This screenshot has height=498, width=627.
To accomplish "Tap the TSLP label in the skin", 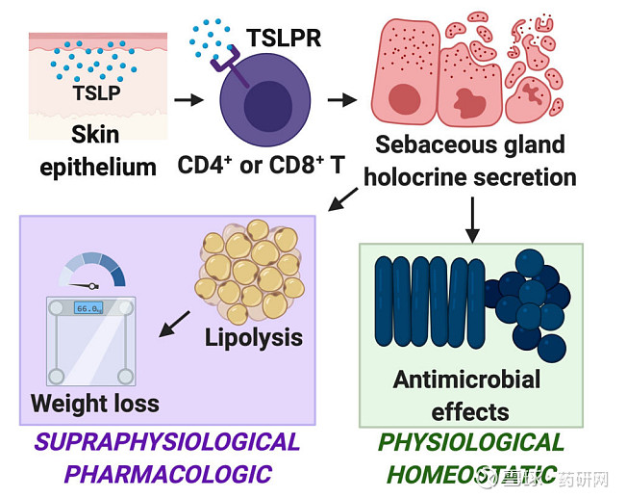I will (x=97, y=93).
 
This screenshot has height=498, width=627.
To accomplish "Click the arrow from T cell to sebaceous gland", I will (x=341, y=99).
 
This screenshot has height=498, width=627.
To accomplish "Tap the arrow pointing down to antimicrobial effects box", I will (x=471, y=216).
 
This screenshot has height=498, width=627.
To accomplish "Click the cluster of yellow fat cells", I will (x=251, y=270).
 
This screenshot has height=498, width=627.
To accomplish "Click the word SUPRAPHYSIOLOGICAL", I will (x=167, y=442).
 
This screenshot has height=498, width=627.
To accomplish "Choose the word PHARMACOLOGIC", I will (x=167, y=474).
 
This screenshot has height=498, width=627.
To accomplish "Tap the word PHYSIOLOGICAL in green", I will (x=471, y=442).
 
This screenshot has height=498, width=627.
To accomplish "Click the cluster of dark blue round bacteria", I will (x=527, y=300).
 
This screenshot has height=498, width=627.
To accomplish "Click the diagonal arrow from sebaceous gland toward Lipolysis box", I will (x=341, y=199).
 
